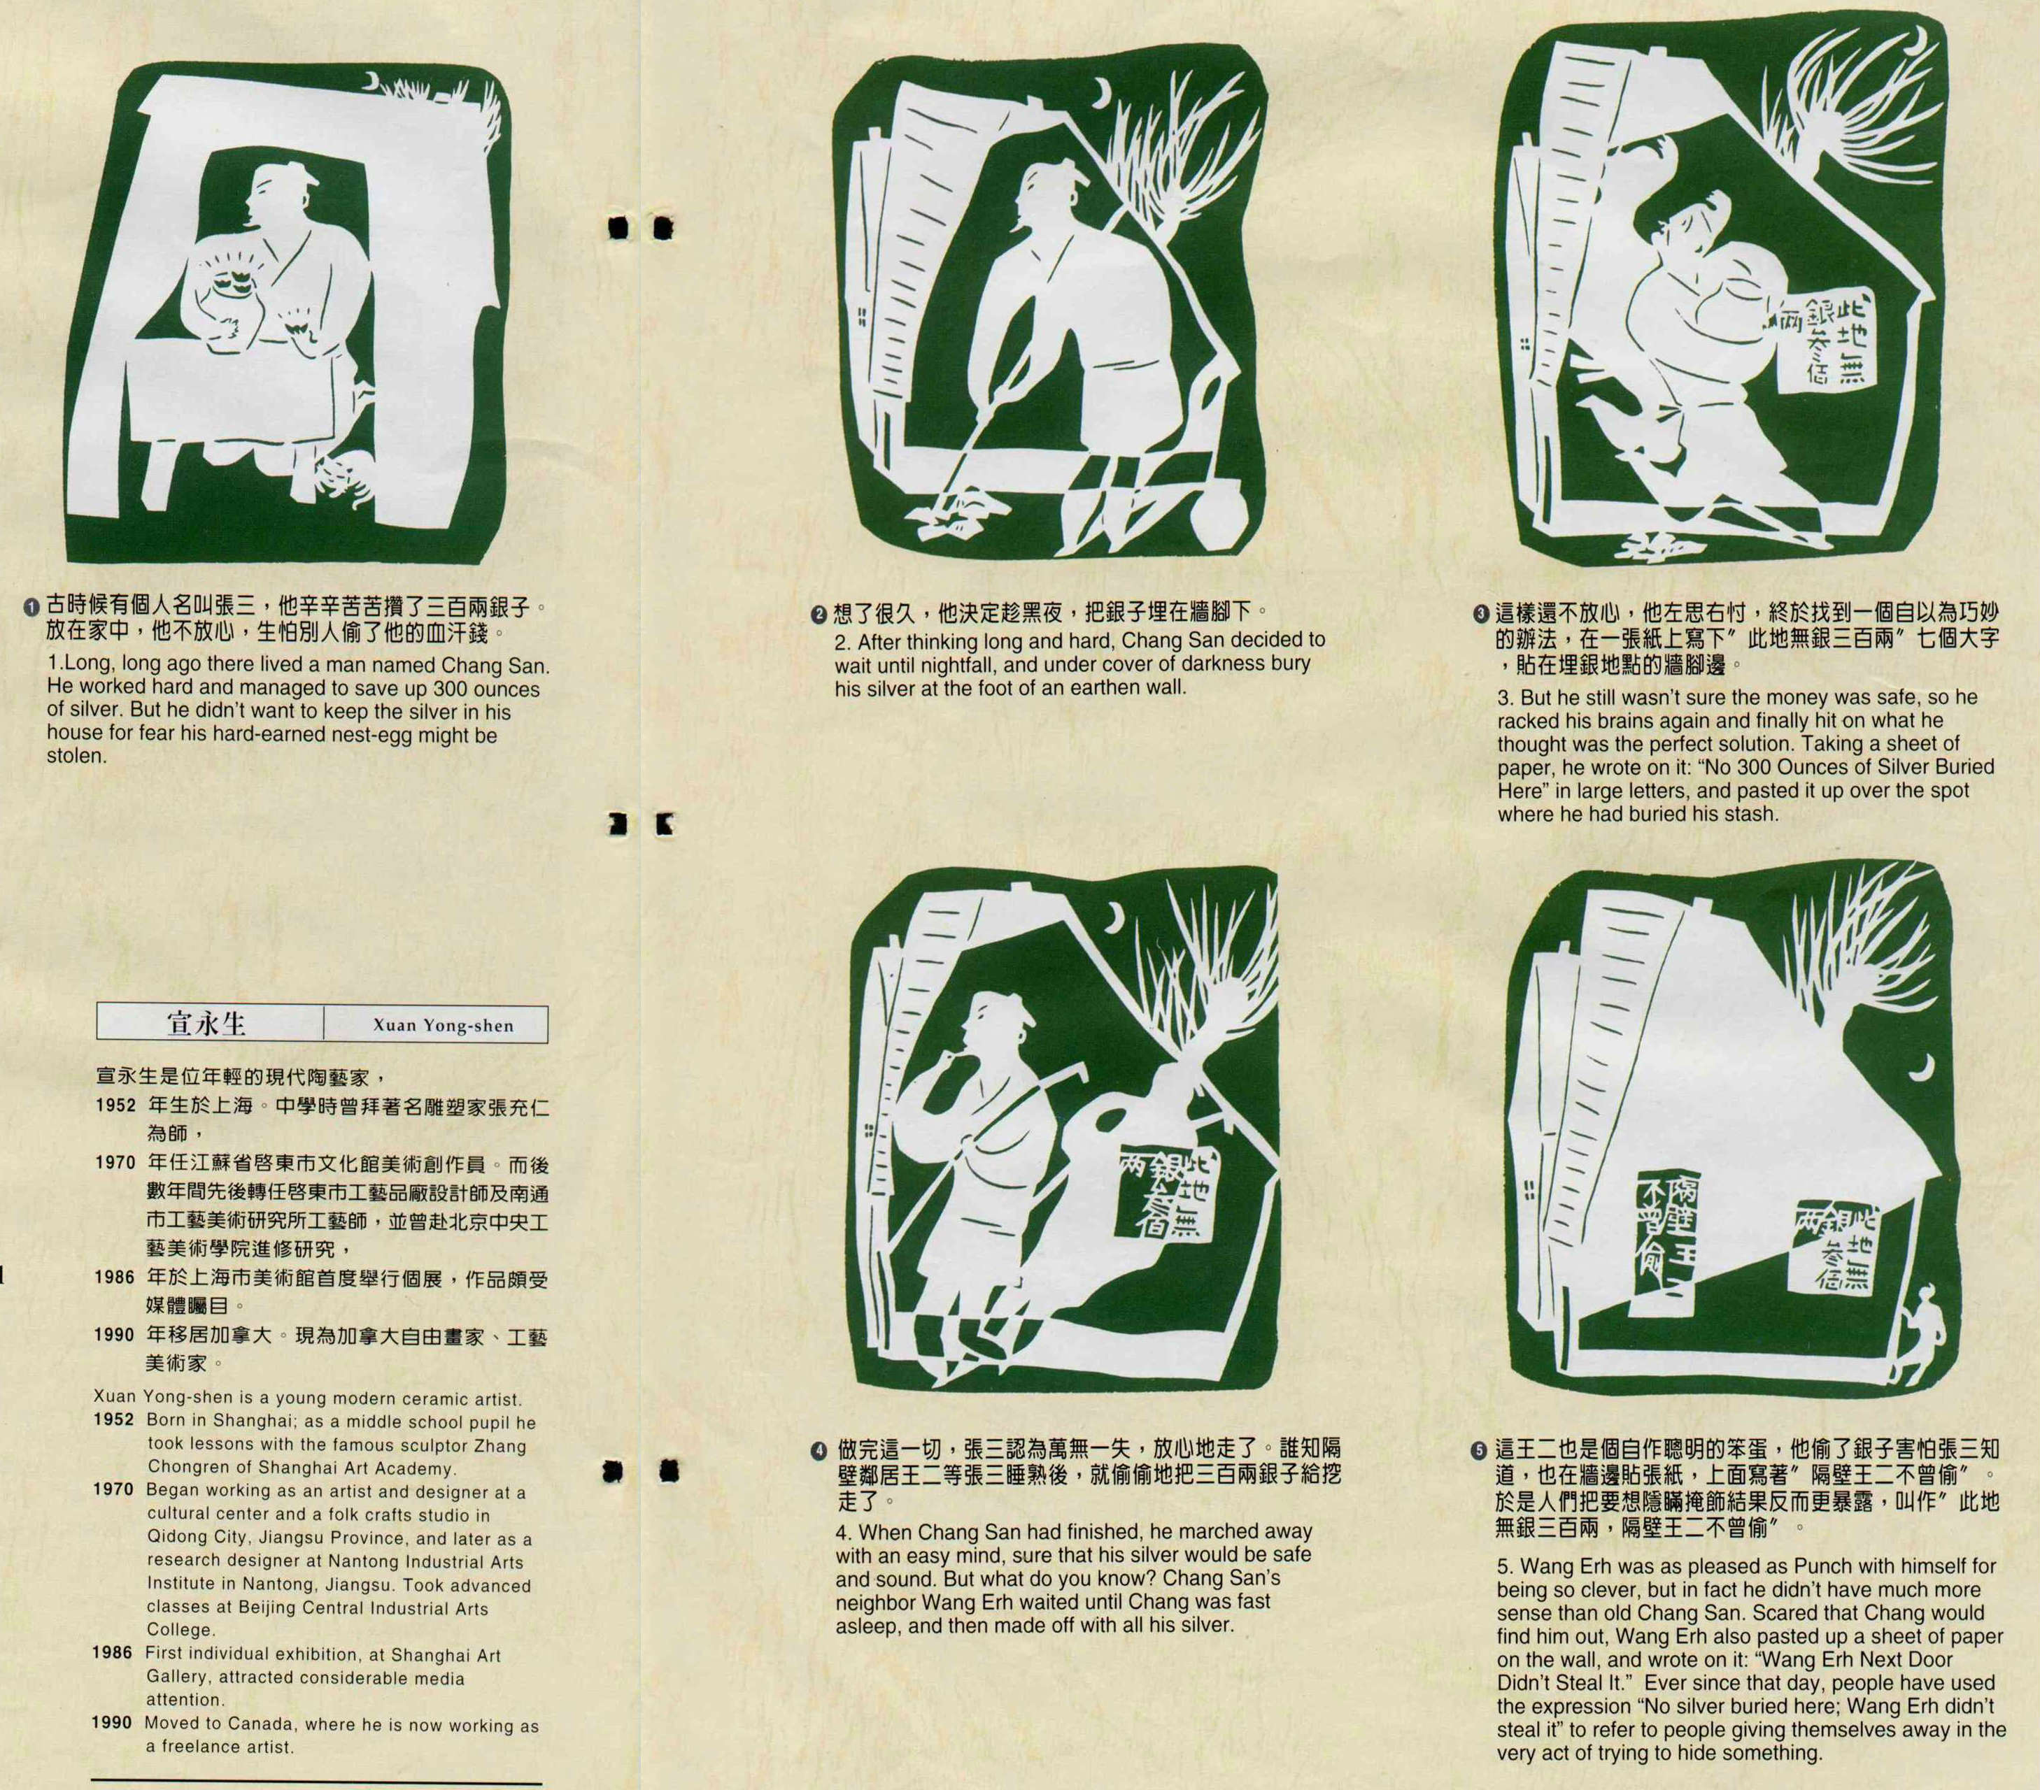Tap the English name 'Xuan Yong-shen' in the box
pos(442,1025)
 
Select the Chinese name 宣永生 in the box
pos(206,1024)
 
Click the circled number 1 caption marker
pos(33,607)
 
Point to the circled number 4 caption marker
pos(821,1449)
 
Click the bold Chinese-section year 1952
pos(115,1107)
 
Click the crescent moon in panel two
pos(1103,95)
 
